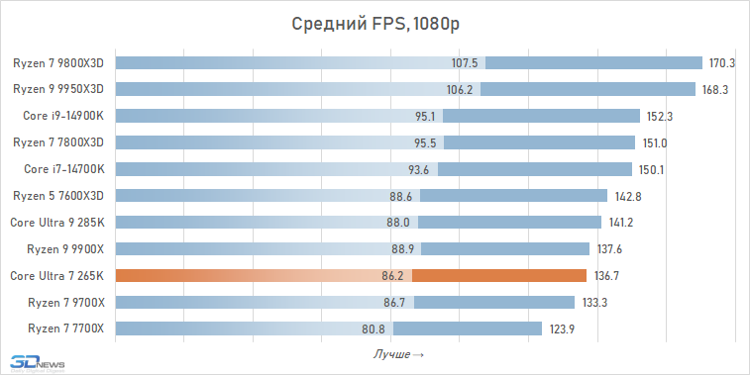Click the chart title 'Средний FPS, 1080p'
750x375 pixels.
click(374, 24)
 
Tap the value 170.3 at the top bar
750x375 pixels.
click(721, 63)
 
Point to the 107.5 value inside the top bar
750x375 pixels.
click(465, 63)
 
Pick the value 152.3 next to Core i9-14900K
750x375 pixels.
click(660, 116)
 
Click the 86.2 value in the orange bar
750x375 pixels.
click(395, 275)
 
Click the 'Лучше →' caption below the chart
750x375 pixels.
click(399, 353)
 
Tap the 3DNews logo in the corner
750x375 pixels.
click(35, 362)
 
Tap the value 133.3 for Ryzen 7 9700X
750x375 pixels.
click(593, 302)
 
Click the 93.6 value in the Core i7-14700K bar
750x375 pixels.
click(417, 169)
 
